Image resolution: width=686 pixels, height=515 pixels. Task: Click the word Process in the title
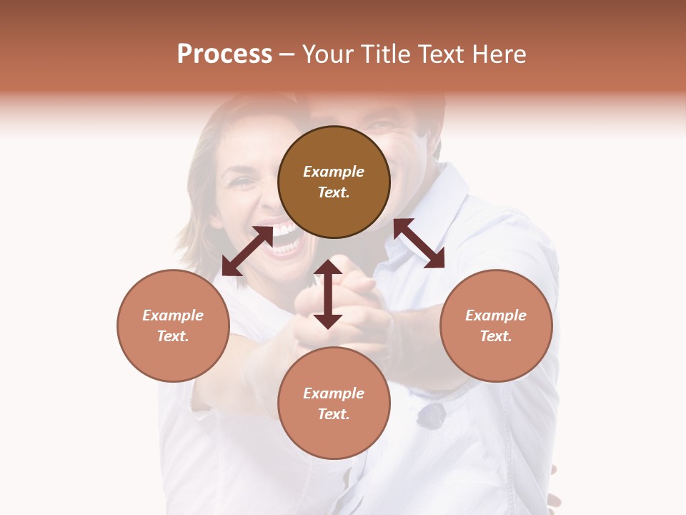[x=224, y=54]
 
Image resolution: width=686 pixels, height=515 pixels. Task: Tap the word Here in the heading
[x=498, y=54]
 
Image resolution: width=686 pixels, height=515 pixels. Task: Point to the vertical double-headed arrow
[x=328, y=294]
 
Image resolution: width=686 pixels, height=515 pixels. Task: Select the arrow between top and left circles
[x=247, y=251]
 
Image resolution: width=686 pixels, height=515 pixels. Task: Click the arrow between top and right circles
[x=419, y=243]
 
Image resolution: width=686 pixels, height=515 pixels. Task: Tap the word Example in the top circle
[x=334, y=172]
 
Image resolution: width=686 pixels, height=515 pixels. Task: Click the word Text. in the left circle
[x=173, y=336]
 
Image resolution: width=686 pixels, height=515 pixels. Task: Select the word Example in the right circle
[x=496, y=315]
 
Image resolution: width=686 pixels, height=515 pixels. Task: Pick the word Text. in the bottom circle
[x=334, y=414]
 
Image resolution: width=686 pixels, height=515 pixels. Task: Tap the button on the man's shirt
[x=430, y=416]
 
